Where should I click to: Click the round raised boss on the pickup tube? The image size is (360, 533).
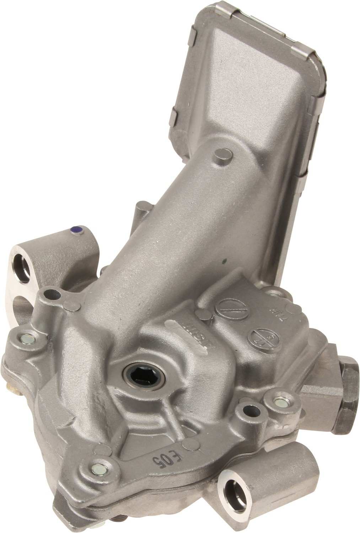coord(223,156)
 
